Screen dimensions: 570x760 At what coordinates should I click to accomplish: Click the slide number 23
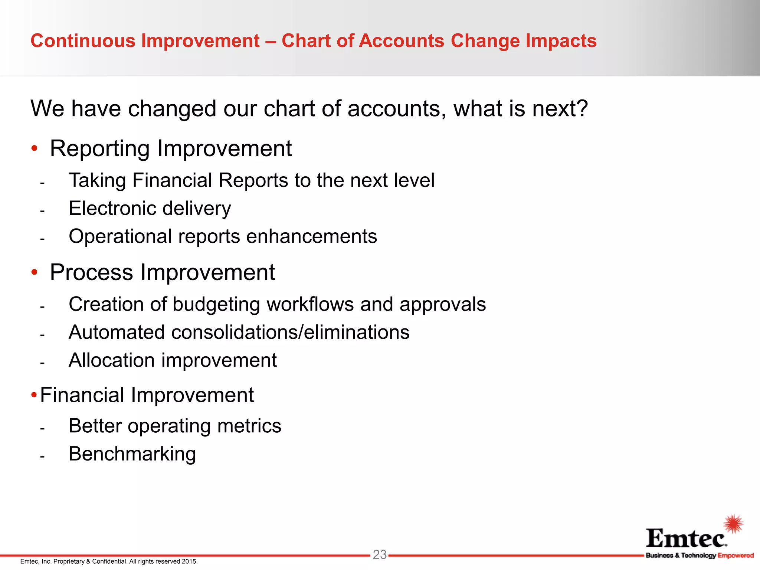tap(380, 554)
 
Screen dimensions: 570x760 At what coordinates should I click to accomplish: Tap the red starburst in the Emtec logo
tap(734, 524)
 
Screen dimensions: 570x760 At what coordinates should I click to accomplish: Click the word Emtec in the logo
tap(686, 538)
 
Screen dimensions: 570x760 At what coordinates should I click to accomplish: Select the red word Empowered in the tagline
tap(736, 556)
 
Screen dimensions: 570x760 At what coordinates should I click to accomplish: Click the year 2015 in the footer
tap(190, 561)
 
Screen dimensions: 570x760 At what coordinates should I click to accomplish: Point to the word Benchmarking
tap(132, 454)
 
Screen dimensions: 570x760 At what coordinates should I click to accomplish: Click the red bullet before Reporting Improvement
tap(35, 149)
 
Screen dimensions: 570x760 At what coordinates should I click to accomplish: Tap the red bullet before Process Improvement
tap(35, 273)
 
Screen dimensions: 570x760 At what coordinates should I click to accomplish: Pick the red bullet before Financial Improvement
tap(34, 394)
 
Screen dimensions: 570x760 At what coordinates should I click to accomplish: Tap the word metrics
tap(249, 426)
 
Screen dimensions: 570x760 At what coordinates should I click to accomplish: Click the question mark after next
tap(582, 109)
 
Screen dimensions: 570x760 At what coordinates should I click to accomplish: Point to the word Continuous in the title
tap(83, 41)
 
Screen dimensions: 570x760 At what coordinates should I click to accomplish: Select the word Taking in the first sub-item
tap(98, 181)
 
